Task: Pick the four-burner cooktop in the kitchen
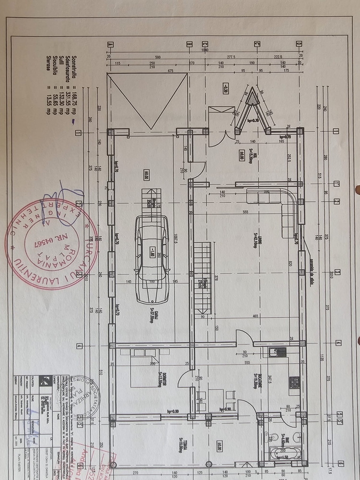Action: pos(293,382)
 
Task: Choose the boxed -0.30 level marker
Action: pos(226,89)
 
